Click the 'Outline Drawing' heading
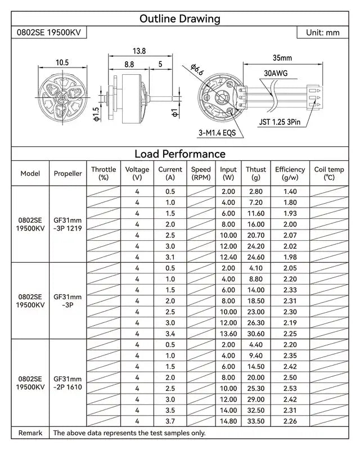179,19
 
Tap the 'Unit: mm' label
322,33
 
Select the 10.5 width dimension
62,62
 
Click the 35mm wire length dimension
282,58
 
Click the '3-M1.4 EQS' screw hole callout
216,133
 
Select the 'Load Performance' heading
179,154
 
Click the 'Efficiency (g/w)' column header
290,173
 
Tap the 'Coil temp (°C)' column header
329,173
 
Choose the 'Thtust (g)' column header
256,173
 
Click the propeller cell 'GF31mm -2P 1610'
67,383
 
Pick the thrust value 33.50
256,421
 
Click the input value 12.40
228,257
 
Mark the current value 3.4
170,334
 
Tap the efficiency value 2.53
290,388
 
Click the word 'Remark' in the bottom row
30,433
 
